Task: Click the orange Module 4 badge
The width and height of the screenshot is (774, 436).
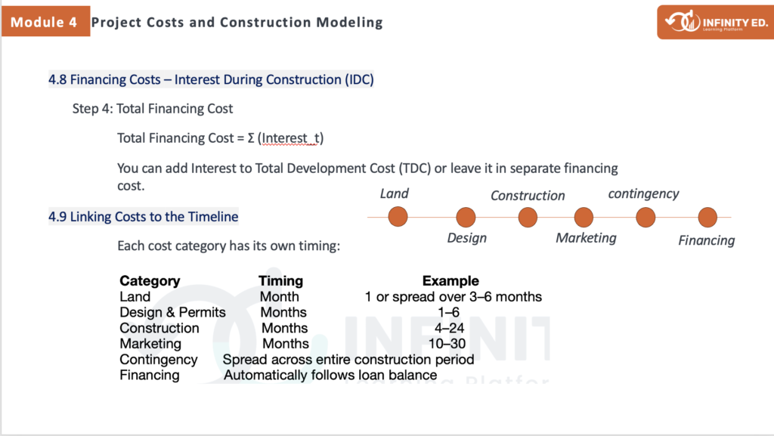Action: pyautogui.click(x=45, y=21)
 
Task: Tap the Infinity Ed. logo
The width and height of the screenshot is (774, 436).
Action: pyautogui.click(x=715, y=22)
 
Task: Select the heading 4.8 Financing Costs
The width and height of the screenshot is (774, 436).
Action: pyautogui.click(x=211, y=79)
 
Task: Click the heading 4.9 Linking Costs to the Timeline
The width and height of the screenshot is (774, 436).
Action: pyautogui.click(x=143, y=217)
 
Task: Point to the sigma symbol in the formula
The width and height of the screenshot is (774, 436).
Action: pyautogui.click(x=251, y=138)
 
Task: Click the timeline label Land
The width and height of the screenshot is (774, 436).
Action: pyautogui.click(x=394, y=193)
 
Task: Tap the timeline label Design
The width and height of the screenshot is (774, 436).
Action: pyautogui.click(x=466, y=238)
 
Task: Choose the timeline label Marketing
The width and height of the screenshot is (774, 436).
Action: pyautogui.click(x=586, y=238)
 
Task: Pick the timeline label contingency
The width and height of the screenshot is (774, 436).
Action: pyautogui.click(x=643, y=194)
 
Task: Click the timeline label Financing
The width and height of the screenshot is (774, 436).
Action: pyautogui.click(x=707, y=240)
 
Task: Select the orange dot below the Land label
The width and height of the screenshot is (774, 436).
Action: pyautogui.click(x=398, y=217)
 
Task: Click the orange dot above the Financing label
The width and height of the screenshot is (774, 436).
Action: pyautogui.click(x=707, y=217)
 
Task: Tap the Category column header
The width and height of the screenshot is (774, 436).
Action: pyautogui.click(x=150, y=280)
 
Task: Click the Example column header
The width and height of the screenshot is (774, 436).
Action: pyautogui.click(x=450, y=280)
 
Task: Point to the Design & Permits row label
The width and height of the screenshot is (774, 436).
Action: pyautogui.click(x=172, y=312)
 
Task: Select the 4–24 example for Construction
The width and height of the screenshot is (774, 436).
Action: pyautogui.click(x=449, y=328)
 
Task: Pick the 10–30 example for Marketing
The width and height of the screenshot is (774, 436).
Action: pyautogui.click(x=447, y=343)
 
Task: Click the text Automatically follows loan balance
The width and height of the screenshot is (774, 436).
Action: pyautogui.click(x=330, y=375)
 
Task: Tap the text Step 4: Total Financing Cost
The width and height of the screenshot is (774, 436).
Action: pyautogui.click(x=153, y=109)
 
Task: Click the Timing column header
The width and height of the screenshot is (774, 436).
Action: pyautogui.click(x=280, y=280)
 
